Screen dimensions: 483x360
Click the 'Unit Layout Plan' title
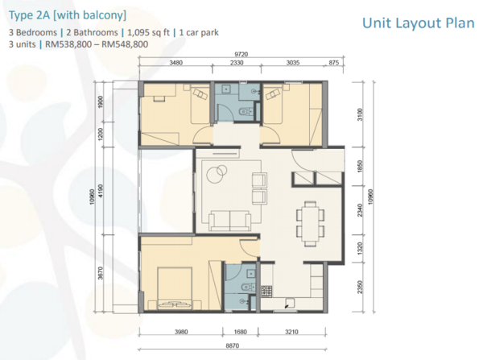[x=418, y=23]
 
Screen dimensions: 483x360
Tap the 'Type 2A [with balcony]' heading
[x=68, y=14]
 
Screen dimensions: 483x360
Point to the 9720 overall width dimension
[x=242, y=54]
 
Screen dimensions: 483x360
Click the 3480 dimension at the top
[x=175, y=63]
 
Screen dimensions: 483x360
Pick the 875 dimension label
[x=333, y=63]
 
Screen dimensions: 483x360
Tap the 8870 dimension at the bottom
[x=233, y=346]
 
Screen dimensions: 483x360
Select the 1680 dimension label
[x=240, y=332]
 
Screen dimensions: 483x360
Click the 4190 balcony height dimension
[x=101, y=191]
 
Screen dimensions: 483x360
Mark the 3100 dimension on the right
[x=360, y=114]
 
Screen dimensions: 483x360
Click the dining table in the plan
[x=311, y=223]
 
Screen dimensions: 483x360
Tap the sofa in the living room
[x=229, y=221]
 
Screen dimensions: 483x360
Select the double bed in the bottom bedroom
[x=175, y=288]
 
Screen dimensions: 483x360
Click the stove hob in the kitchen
[x=266, y=292]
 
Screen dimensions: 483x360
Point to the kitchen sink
[x=289, y=303]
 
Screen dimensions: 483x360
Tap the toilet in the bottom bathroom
[x=249, y=288]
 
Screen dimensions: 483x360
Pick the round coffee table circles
[x=217, y=173]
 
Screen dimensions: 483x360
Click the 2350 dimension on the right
[x=360, y=287]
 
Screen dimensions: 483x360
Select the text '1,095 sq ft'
[x=148, y=32]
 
